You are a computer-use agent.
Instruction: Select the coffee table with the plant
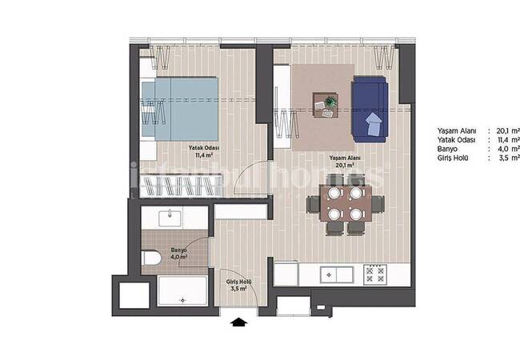[x=326, y=105]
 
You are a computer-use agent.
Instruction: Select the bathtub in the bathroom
[x=183, y=292]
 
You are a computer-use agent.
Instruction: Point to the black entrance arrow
[x=239, y=322]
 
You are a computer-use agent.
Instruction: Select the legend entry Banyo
[x=447, y=149]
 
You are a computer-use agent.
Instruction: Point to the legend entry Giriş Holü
[x=453, y=158]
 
